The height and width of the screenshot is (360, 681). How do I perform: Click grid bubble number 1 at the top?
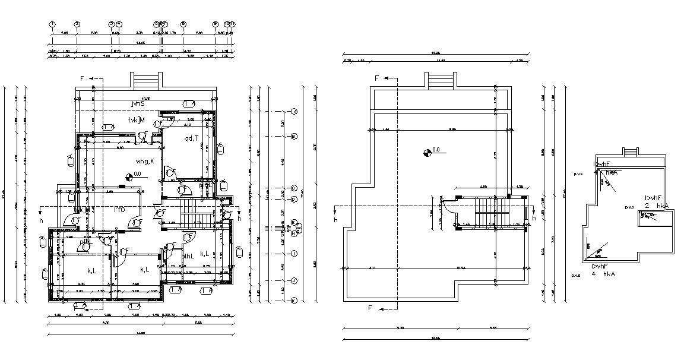tap(52, 24)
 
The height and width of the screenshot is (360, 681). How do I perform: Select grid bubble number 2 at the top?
tap(77, 24)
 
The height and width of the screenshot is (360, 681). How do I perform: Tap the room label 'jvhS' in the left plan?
tap(139, 103)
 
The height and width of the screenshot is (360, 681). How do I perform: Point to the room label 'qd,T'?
tap(191, 139)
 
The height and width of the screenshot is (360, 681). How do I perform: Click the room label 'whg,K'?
tap(145, 161)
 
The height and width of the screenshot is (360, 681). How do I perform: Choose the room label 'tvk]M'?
tap(137, 121)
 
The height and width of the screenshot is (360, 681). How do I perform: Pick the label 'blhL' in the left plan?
tap(189, 256)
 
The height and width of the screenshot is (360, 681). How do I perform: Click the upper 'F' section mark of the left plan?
tap(83, 78)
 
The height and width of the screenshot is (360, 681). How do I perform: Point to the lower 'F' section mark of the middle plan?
tap(370, 308)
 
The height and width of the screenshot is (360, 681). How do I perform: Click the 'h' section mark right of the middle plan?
tap(534, 219)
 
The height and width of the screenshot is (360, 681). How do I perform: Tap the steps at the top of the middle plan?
tap(441, 80)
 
